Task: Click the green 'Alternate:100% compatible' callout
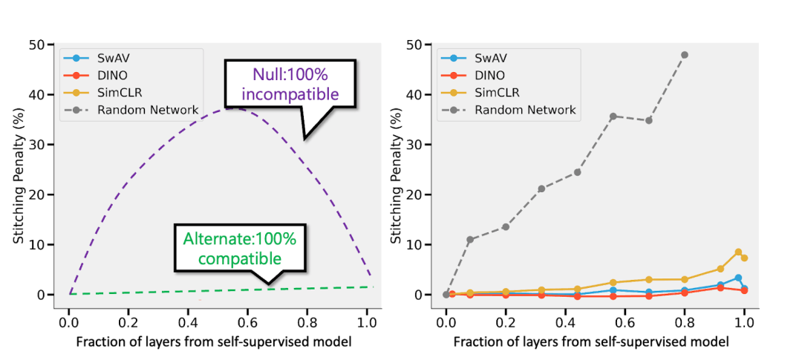pyautogui.click(x=239, y=249)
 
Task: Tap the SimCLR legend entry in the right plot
pyautogui.click(x=495, y=93)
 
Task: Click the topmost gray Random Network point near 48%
pyautogui.click(x=685, y=55)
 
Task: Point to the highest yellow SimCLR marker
pyautogui.click(x=738, y=252)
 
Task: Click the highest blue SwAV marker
pyautogui.click(x=738, y=278)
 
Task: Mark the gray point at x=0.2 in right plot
pyautogui.click(x=506, y=226)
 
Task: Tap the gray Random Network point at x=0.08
pyautogui.click(x=470, y=240)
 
